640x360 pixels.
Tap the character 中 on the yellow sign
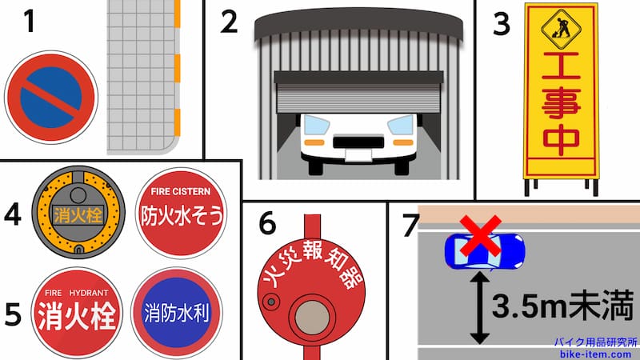[558, 141]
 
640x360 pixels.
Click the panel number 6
[267, 225]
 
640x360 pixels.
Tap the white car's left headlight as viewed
[318, 126]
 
